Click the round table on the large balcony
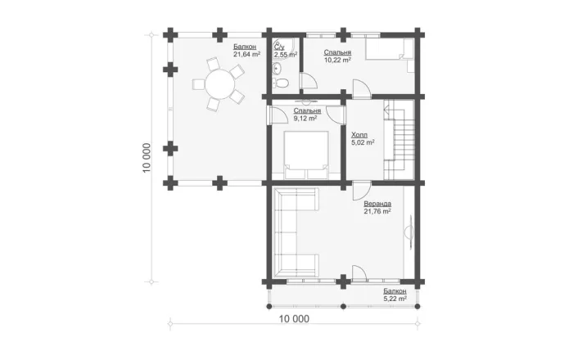219,84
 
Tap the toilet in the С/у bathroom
281,83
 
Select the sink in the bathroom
276,68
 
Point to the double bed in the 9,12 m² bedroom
306,155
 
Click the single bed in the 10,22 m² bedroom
390,49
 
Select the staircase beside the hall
399,140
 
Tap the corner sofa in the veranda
296,232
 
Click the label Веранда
377,204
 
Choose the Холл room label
359,135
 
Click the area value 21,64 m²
246,54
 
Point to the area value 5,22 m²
395,299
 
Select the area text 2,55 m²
285,55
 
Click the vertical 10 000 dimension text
147,158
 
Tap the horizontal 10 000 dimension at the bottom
294,319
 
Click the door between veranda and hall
362,191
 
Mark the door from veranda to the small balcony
359,273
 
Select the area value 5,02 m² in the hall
364,142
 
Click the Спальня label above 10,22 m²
337,52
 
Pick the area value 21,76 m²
377,212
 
